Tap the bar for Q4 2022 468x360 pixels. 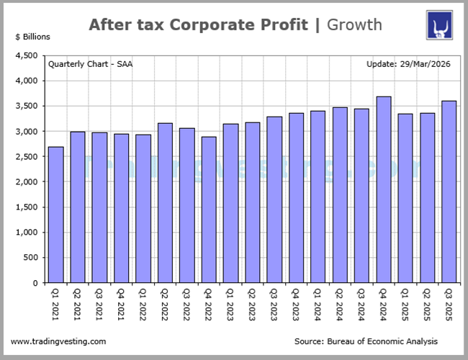point(209,210)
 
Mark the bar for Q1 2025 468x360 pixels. point(405,198)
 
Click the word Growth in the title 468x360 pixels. point(354,25)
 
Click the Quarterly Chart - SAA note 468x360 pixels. point(90,64)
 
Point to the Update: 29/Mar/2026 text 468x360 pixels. point(408,64)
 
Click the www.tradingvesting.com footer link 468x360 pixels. point(58,341)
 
